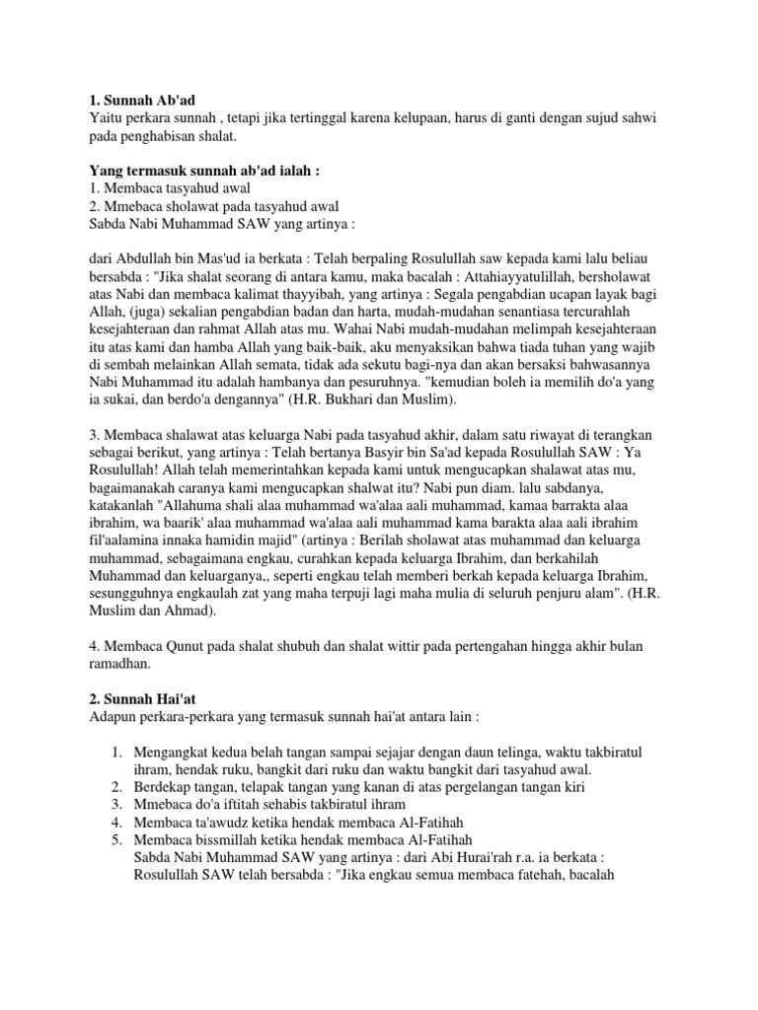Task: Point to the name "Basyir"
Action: (x=366, y=456)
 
